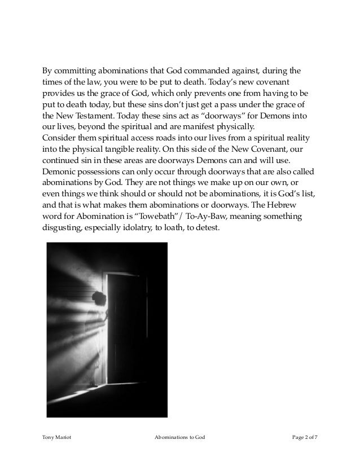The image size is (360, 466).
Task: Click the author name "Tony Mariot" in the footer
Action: click(56, 436)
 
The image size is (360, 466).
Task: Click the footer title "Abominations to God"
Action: click(179, 436)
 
